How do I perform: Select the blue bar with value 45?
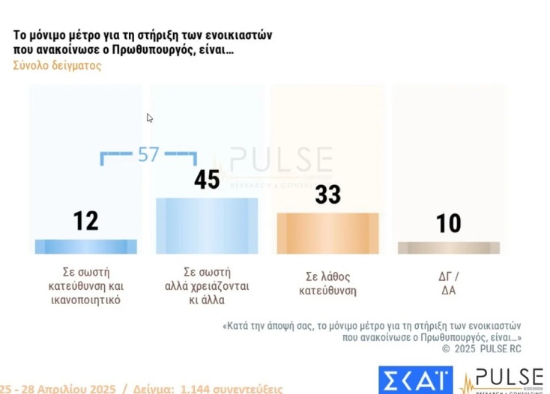point(207,225)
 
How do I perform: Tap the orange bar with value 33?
point(327,233)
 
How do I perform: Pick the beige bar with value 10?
point(448,247)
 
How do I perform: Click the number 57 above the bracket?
point(148,154)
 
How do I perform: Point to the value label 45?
point(207,180)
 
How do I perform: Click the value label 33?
point(327,195)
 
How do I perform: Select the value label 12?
point(85,221)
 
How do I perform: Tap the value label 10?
point(448,223)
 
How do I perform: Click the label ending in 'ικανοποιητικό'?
point(85,300)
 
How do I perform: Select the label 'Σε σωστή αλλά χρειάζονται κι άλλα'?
point(207,285)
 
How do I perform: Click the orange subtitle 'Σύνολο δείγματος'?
point(57,65)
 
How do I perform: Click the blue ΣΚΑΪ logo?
point(415,380)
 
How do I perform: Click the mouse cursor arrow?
point(149,118)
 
